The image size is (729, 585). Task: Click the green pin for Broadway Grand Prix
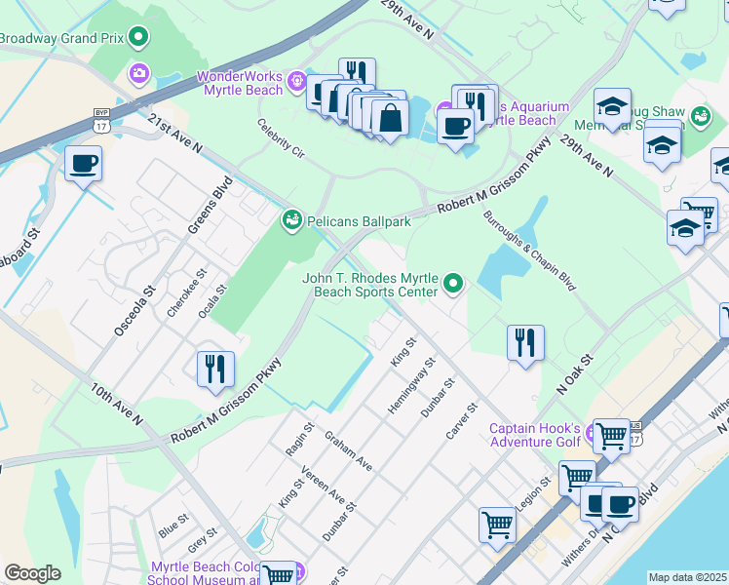coord(138,38)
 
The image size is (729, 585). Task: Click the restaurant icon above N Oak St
coord(524,341)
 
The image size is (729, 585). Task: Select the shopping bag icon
coord(390,117)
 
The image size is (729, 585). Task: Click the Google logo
coord(32,573)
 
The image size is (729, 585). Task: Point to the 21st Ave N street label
coord(175,135)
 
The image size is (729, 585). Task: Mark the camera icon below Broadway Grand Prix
coord(138,73)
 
